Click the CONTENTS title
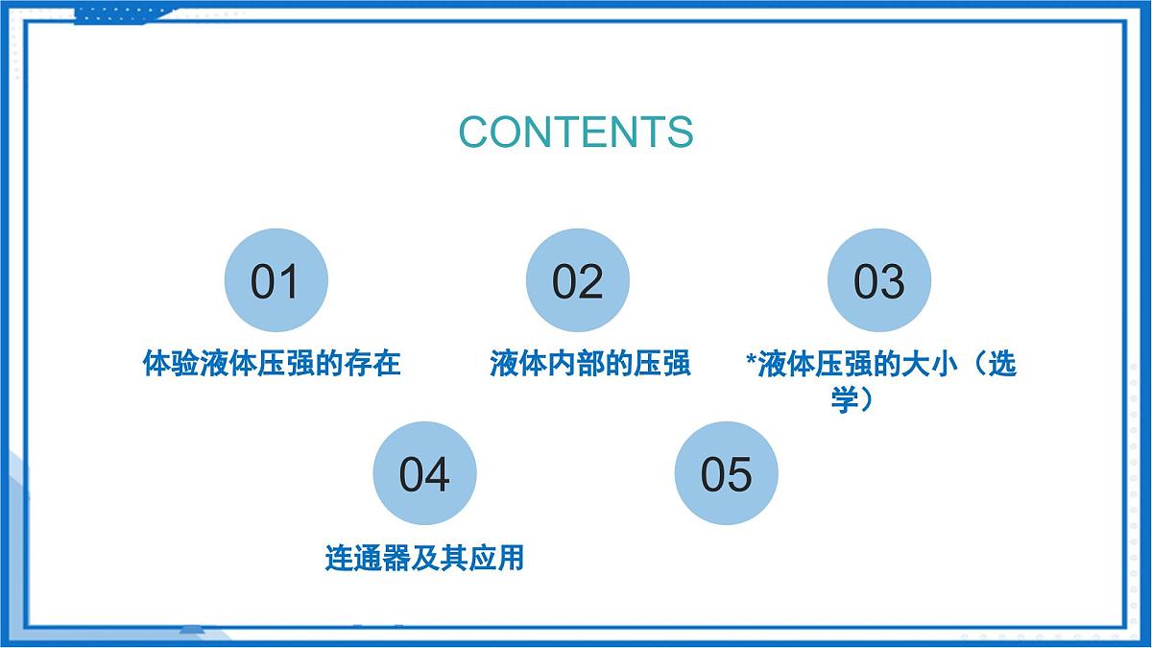pyautogui.click(x=575, y=132)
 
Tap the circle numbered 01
pyautogui.click(x=276, y=281)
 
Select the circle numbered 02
pyautogui.click(x=578, y=281)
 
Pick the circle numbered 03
pyautogui.click(x=879, y=281)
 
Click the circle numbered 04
pyautogui.click(x=424, y=473)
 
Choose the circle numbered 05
pyautogui.click(x=726, y=473)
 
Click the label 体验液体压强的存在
pyautogui.click(x=272, y=364)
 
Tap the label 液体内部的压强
pyautogui.click(x=589, y=364)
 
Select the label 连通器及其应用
pyautogui.click(x=424, y=557)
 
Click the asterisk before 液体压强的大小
pyautogui.click(x=751, y=363)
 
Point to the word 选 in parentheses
pyautogui.click(x=1001, y=364)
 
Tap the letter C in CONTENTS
pyautogui.click(x=475, y=132)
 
